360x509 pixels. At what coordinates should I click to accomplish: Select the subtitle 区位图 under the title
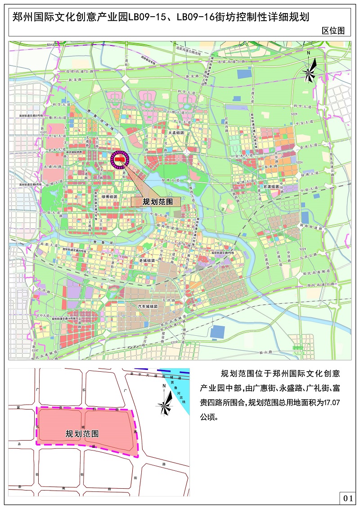333,31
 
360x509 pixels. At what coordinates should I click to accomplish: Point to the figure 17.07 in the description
331,402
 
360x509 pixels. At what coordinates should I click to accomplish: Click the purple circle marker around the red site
120,159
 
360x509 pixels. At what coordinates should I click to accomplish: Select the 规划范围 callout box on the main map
155,202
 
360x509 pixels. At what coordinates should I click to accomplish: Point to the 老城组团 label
146,261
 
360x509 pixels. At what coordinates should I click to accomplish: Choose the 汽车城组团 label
148,306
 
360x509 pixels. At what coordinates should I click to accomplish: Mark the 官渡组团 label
271,186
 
